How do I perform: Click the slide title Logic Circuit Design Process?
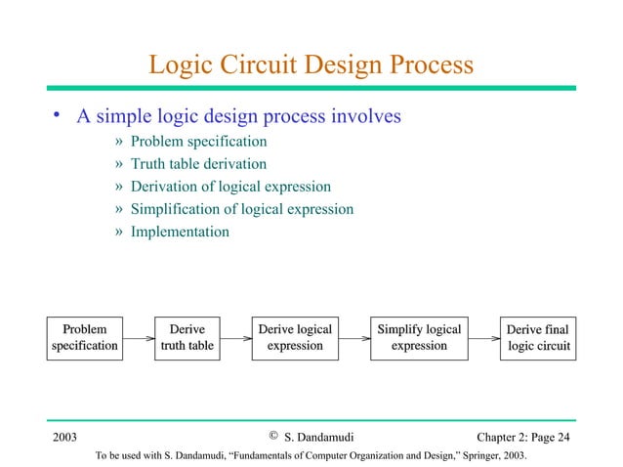(x=311, y=64)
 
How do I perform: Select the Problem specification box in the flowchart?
(x=84, y=337)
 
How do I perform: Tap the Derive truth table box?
(x=187, y=337)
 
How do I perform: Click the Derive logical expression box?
(x=295, y=337)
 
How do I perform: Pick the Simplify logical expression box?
(x=419, y=337)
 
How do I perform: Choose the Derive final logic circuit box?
(x=537, y=337)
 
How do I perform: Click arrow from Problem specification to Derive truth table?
(x=139, y=338)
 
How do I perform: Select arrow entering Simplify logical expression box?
(x=355, y=338)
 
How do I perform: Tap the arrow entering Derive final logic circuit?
(x=482, y=338)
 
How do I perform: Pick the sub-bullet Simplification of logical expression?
(x=241, y=209)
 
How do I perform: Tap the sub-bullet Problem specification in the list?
(x=198, y=142)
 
